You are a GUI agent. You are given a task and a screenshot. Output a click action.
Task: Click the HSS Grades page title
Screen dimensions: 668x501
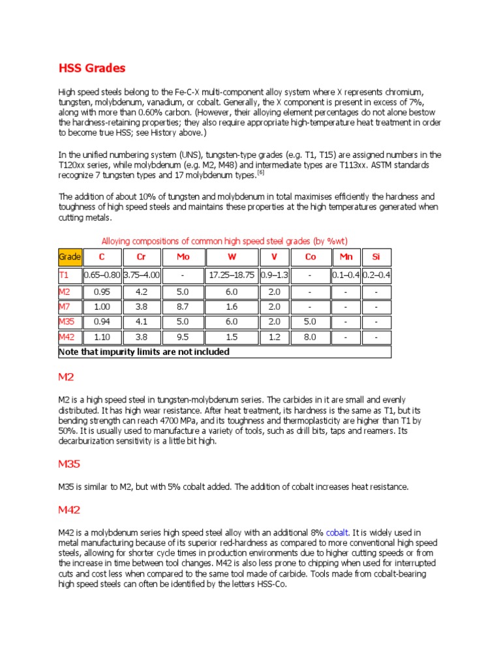[x=92, y=68]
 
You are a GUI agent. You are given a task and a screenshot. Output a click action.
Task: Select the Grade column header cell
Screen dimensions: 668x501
[x=70, y=257]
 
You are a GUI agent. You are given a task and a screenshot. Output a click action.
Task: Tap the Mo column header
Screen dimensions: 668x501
[x=183, y=257]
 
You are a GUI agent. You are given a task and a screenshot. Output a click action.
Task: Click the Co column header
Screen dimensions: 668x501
[x=311, y=257]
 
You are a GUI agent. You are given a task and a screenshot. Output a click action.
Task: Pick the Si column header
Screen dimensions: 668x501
[x=376, y=257]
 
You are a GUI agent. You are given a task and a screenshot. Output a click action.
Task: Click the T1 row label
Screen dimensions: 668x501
[x=64, y=276]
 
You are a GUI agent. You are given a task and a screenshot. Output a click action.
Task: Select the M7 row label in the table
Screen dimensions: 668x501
[x=65, y=307]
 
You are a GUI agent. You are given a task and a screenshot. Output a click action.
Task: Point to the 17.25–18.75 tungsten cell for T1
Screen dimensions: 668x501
[x=232, y=276]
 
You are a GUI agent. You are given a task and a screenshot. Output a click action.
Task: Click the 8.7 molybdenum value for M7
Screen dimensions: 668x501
[x=183, y=307]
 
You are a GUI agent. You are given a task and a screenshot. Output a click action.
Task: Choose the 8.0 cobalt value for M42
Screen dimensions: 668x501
[x=311, y=337]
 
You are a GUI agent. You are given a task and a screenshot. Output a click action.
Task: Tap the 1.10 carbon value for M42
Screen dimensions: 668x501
[x=102, y=337]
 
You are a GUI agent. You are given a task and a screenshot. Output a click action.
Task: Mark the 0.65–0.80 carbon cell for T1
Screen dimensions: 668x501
[x=102, y=276]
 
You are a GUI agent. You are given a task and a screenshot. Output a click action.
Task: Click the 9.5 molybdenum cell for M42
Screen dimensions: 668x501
[x=183, y=337]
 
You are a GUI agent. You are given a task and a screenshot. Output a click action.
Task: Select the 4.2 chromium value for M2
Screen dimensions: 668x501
[x=142, y=292]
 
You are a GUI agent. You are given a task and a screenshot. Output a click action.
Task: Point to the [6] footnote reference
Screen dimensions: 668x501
[x=260, y=172]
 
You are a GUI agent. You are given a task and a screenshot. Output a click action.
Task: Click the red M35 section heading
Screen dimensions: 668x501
[x=70, y=464]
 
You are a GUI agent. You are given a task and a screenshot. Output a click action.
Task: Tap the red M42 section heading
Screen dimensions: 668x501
[x=70, y=510]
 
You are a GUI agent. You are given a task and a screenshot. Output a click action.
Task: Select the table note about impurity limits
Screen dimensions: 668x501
[x=144, y=352]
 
